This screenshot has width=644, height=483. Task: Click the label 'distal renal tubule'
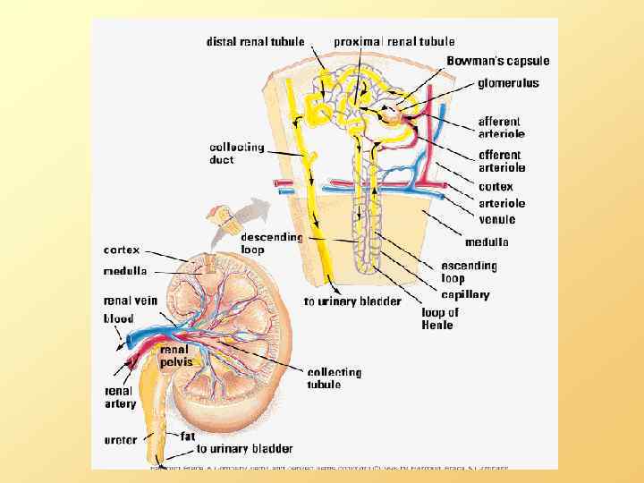256,41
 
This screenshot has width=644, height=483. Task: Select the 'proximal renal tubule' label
394,41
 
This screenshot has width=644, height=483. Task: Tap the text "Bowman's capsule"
498,61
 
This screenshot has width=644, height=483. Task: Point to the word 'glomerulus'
508,83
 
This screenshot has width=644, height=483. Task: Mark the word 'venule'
496,219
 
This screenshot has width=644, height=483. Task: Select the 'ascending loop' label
469,272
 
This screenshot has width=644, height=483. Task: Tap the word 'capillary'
465,294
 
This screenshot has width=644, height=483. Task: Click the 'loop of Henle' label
440,318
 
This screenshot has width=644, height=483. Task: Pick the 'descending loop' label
272,244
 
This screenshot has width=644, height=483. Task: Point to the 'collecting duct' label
236,153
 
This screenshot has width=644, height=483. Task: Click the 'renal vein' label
131,301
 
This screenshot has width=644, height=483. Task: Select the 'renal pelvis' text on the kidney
176,357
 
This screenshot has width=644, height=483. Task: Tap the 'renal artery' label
121,397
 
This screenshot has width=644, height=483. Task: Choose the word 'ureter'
122,440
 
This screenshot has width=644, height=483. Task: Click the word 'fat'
188,436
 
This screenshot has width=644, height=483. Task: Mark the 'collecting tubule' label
334,377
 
